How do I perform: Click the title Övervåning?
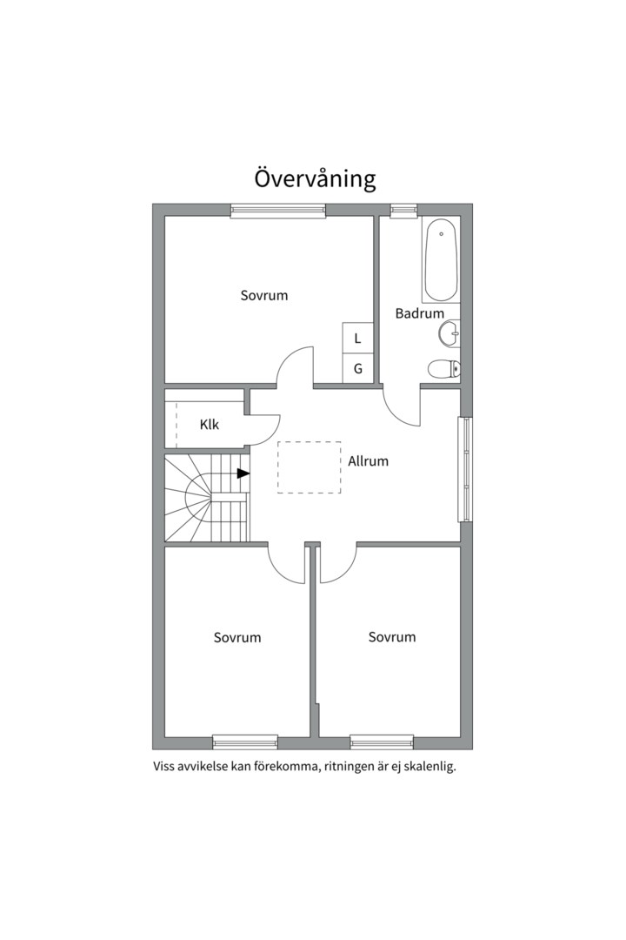pos(315,178)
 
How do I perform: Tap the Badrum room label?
pos(419,313)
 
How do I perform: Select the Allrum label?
pos(368,461)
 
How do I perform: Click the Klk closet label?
pos(209,425)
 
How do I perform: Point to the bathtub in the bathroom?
pos(441,259)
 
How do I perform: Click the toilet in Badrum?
pos(443,369)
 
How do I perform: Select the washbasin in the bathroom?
pos(450,332)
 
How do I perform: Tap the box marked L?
pos(357,338)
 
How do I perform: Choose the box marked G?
pos(357,368)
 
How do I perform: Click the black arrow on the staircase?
pos(243,473)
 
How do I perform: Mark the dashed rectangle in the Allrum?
pos(309,467)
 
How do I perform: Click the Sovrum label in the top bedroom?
pos(263,296)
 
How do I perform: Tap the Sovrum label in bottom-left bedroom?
pos(236,638)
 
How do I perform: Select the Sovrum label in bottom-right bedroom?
pos(391,637)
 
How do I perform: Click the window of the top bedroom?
pos(277,210)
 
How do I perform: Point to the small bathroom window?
pos(403,210)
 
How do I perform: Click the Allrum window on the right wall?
pos(466,470)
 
